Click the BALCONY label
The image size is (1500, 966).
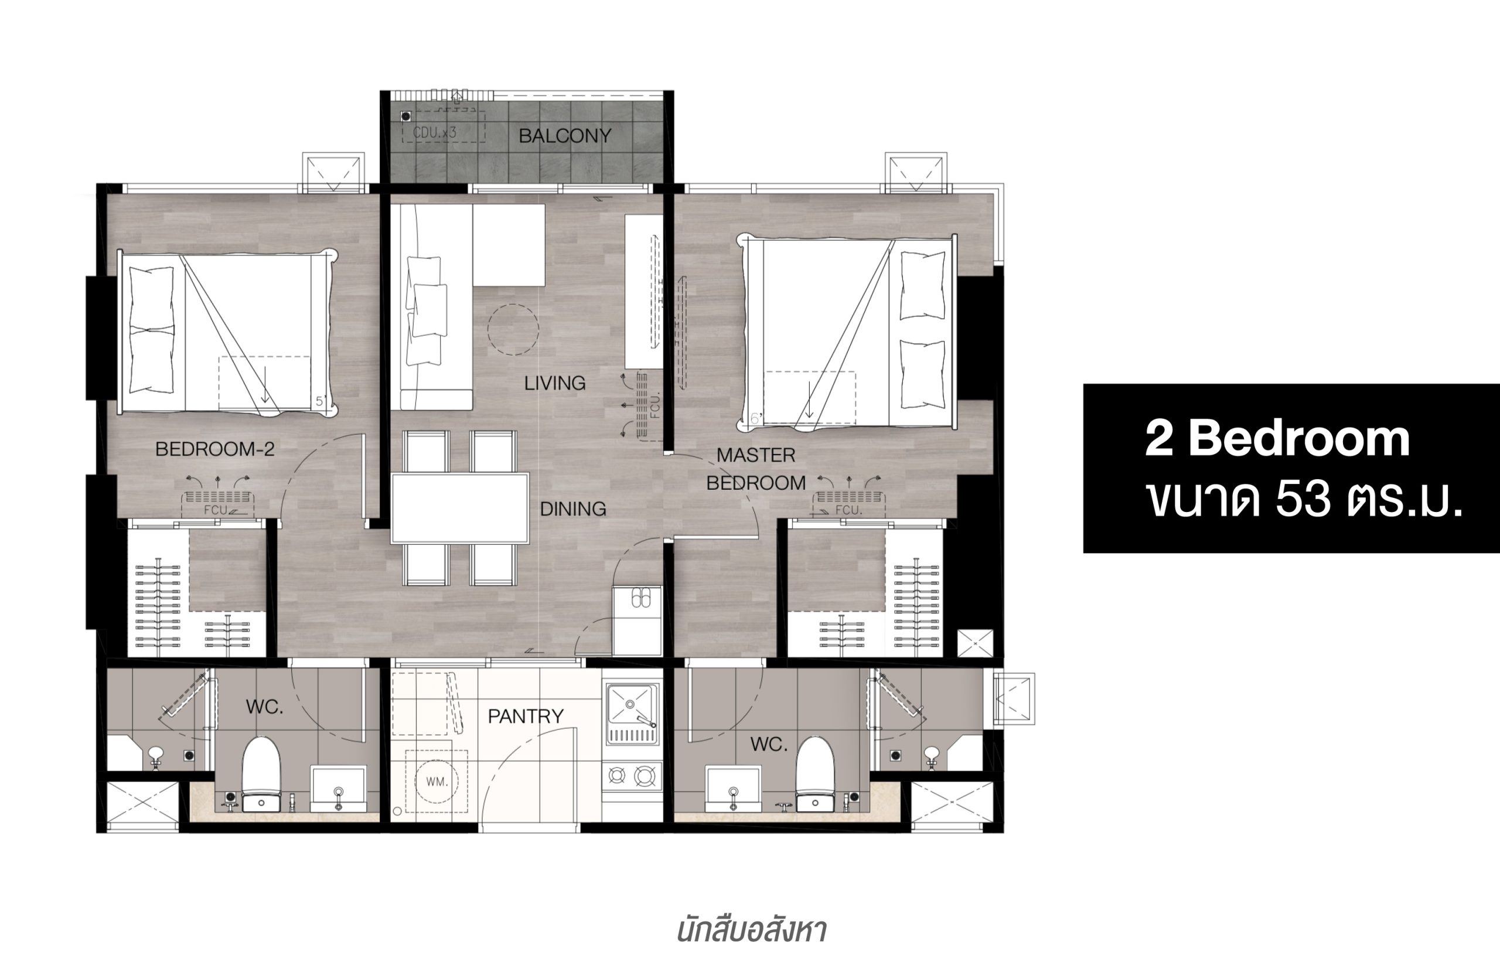pyautogui.click(x=565, y=135)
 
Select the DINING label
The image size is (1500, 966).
pyautogui.click(x=573, y=508)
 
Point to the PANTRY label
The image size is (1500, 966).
pyautogui.click(x=526, y=716)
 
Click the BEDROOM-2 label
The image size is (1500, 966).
pyautogui.click(x=214, y=449)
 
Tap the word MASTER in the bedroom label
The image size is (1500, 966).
pyautogui.click(x=756, y=455)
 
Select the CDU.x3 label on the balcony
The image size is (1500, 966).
pyautogui.click(x=434, y=133)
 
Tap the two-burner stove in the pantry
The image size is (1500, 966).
pyautogui.click(x=632, y=777)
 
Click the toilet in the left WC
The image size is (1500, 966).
pyautogui.click(x=261, y=774)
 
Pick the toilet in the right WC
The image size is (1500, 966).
pyautogui.click(x=815, y=774)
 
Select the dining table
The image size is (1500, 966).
pyautogui.click(x=460, y=508)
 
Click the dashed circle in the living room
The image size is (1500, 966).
pyautogui.click(x=513, y=330)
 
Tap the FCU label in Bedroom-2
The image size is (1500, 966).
pyautogui.click(x=215, y=510)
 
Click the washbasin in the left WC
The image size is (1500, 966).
pyautogui.click(x=339, y=788)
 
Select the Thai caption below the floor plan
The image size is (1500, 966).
pyautogui.click(x=751, y=931)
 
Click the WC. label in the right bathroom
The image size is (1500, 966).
pyautogui.click(x=769, y=745)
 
